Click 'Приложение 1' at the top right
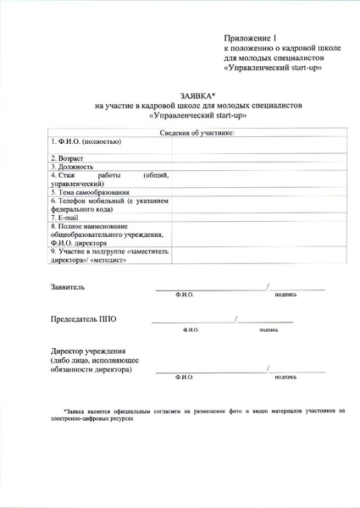click(x=250, y=39)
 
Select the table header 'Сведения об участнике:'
click(x=197, y=133)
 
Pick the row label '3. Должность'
click(x=73, y=167)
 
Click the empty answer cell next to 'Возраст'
click(x=258, y=158)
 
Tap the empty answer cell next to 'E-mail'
click(x=258, y=218)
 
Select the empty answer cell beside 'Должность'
click(x=258, y=167)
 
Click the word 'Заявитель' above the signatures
click(x=69, y=288)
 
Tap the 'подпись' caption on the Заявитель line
click(x=285, y=295)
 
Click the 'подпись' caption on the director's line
click(x=285, y=376)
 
